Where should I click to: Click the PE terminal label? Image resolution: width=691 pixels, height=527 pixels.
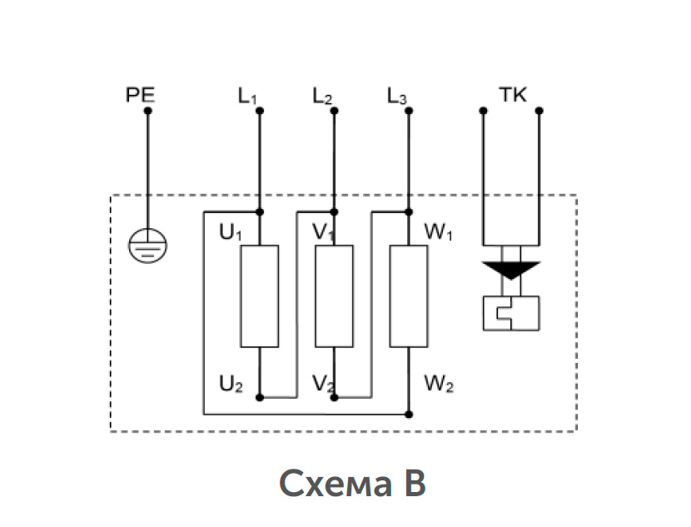point(141,95)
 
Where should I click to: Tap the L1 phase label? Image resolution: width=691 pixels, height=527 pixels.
point(247,97)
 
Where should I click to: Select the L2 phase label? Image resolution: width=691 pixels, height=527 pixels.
point(322,97)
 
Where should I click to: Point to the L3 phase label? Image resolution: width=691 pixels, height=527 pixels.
point(396,97)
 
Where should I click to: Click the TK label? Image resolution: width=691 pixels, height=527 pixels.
point(513,95)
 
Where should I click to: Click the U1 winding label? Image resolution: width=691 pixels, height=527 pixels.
point(231,232)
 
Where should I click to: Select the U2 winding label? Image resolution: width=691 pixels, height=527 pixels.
point(231,385)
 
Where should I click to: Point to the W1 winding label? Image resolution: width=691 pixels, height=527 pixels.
point(439,232)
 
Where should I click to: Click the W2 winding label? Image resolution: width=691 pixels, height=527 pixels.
point(439,385)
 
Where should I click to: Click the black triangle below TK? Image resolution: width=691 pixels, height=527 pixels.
point(511,269)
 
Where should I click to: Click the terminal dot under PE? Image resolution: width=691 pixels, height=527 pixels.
point(148,111)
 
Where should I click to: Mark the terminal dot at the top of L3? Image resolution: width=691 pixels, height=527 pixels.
point(409,111)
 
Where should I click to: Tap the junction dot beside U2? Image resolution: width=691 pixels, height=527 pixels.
point(260,397)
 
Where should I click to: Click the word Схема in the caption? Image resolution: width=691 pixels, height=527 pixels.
point(336,484)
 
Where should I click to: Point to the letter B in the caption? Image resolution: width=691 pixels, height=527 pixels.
point(415,483)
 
